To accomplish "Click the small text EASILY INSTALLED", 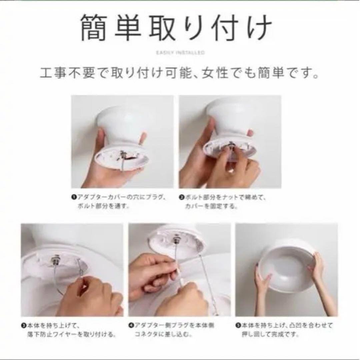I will [180, 53].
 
